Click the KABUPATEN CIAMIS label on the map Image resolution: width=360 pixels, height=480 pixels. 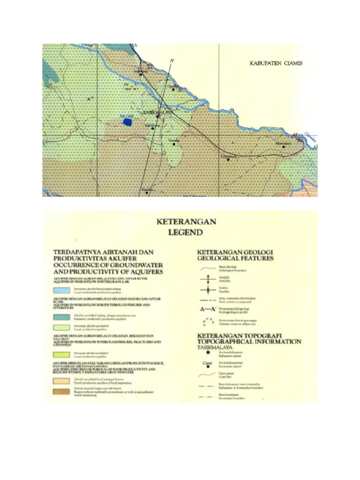[x=275, y=63]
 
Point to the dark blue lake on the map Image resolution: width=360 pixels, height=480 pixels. [x=127, y=122]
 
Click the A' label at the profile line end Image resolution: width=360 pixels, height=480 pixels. [x=173, y=61]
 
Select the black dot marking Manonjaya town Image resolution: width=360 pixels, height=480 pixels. [x=284, y=146]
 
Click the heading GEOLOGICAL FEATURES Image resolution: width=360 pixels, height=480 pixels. [x=235, y=258]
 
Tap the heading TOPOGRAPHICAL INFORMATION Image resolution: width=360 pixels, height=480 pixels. [x=249, y=342]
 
